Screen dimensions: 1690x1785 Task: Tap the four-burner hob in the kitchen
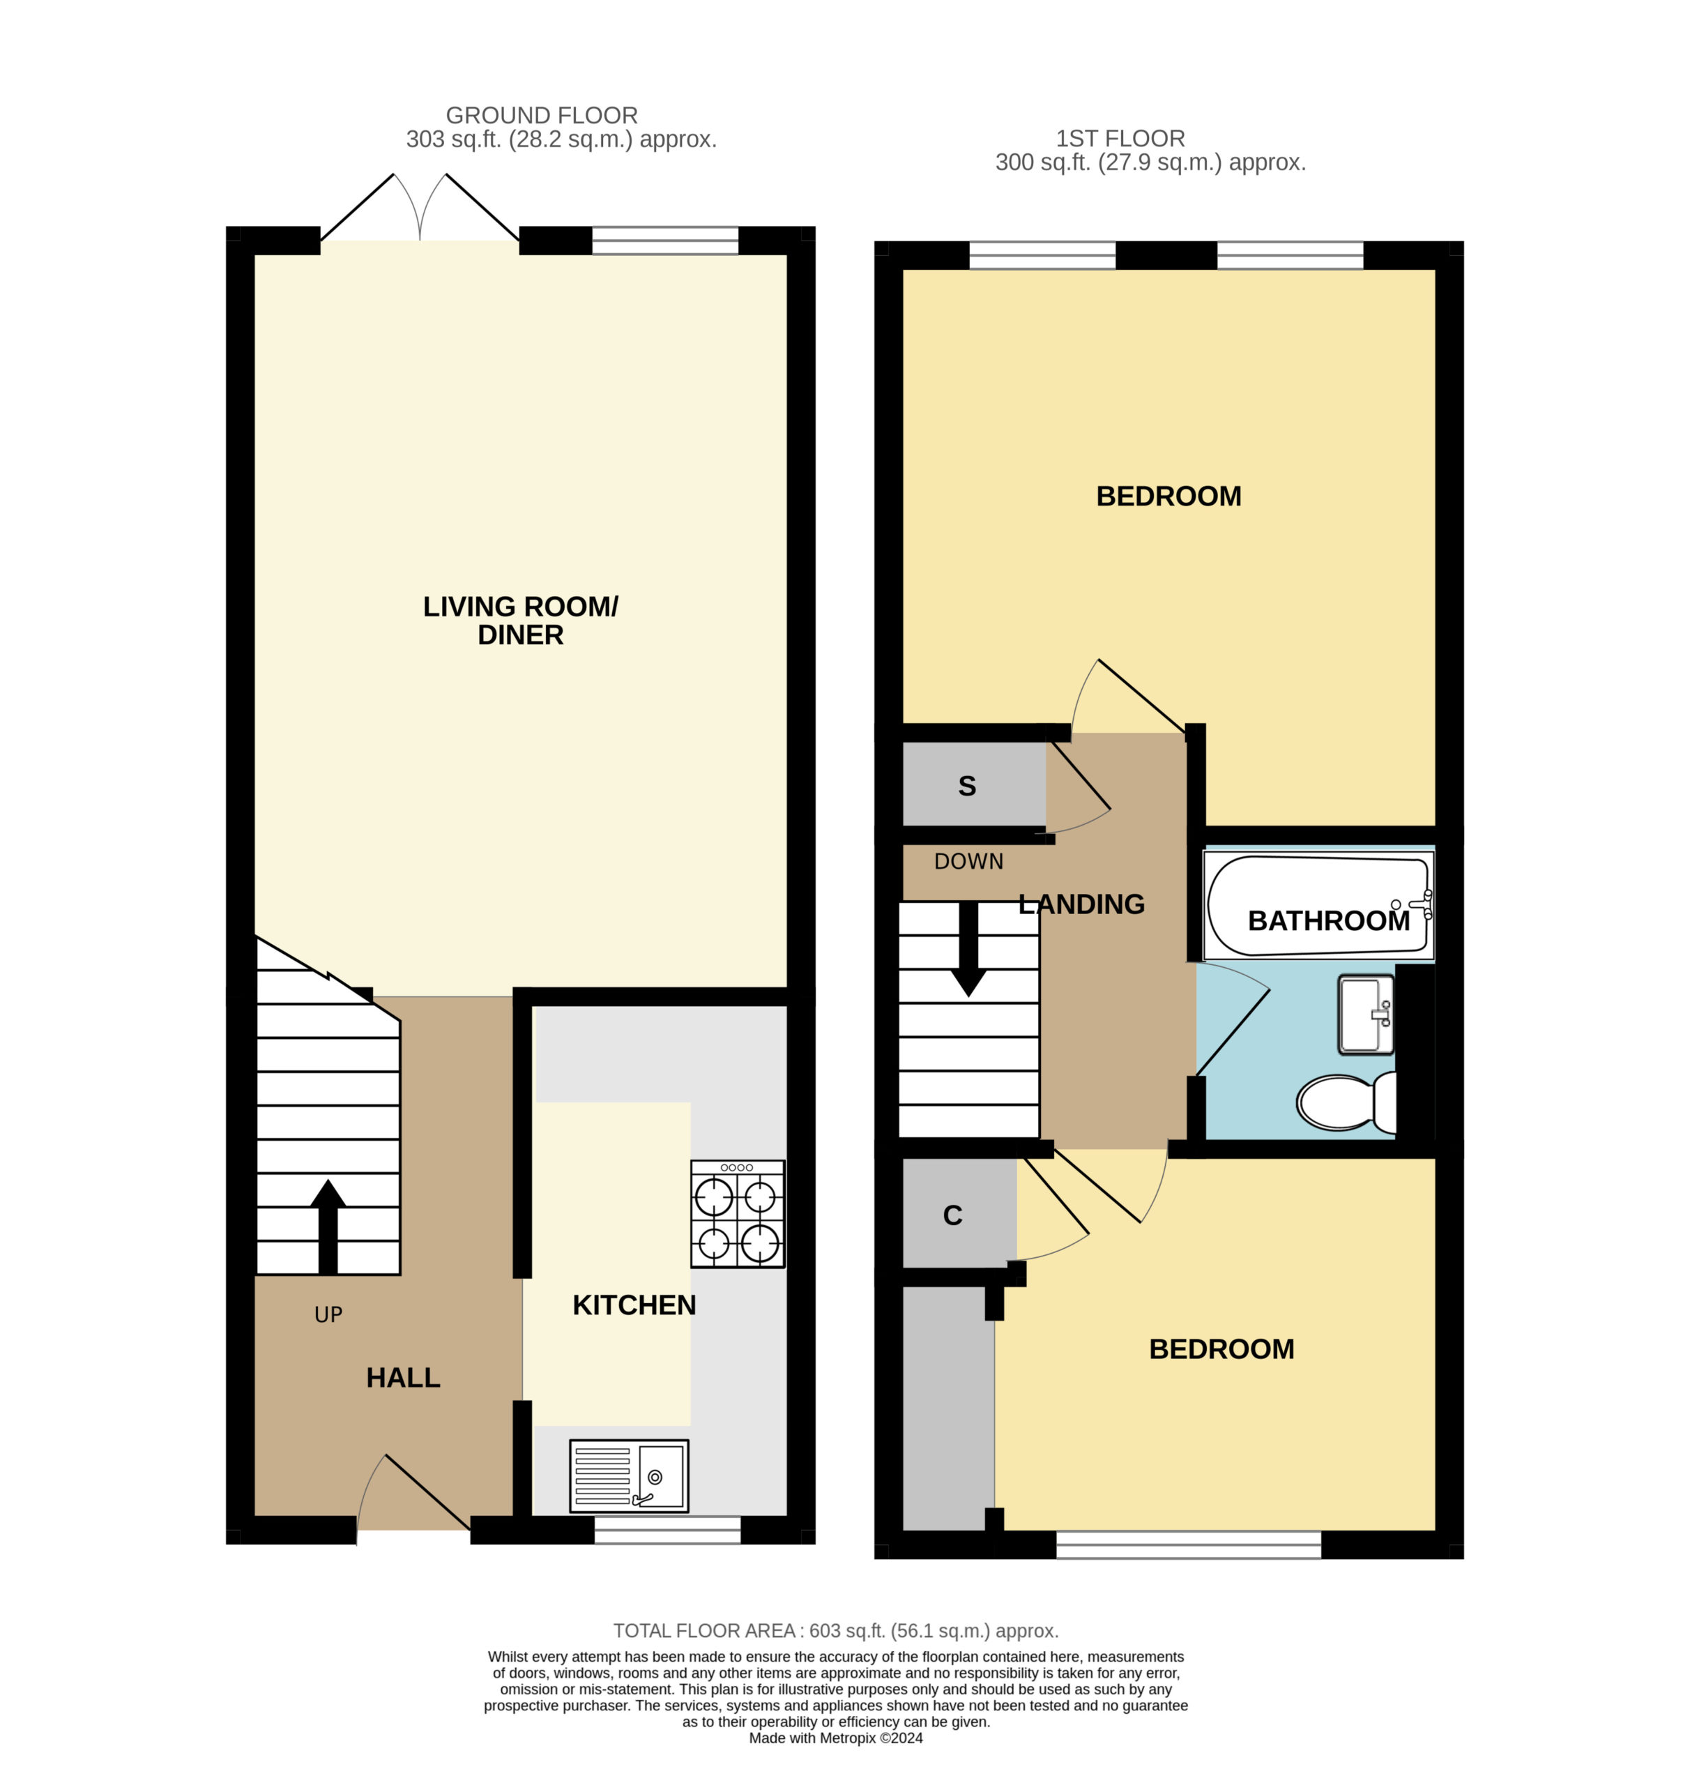738,1214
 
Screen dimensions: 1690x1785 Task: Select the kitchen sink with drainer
629,1476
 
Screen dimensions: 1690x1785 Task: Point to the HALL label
403,1378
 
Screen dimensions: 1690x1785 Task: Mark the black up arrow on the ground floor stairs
328,1226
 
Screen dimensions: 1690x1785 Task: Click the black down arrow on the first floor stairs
968,949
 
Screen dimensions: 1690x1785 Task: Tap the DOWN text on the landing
968,861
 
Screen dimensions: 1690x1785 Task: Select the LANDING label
1081,904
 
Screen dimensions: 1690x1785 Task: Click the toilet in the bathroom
1346,1101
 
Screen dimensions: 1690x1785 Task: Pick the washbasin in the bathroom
1366,1015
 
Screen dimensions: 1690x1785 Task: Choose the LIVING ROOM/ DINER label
521,621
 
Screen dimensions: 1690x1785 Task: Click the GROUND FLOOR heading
542,115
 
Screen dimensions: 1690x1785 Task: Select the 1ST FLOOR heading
1120,139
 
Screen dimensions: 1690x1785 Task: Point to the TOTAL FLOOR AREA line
836,1631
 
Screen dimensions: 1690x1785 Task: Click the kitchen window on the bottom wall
667,1530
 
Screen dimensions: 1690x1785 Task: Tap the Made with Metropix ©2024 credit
836,1738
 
